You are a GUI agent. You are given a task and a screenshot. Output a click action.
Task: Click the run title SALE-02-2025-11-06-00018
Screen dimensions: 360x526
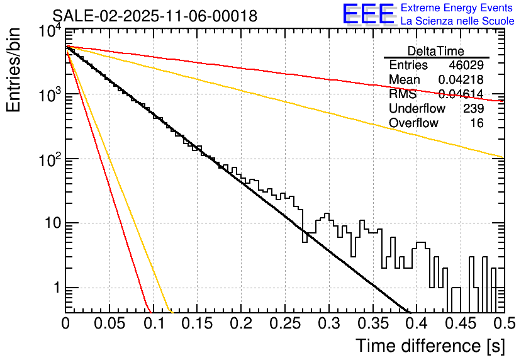(155, 16)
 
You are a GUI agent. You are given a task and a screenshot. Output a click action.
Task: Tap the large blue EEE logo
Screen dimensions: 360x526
(368, 14)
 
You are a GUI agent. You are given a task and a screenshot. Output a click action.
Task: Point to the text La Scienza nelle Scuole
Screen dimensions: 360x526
(457, 21)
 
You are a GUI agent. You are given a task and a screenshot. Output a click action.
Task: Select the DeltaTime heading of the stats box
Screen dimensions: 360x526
(436, 51)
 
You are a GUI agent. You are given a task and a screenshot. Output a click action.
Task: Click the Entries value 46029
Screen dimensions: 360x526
(466, 65)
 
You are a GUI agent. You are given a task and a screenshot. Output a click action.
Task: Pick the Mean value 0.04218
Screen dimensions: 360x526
(461, 80)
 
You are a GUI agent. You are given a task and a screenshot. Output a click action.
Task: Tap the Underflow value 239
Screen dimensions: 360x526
(473, 109)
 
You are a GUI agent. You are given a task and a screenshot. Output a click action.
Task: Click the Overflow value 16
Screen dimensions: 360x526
(477, 123)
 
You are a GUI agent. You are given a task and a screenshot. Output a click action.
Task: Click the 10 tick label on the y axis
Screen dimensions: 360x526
(49, 223)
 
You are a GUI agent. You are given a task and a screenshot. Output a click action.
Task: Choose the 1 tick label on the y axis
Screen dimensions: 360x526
(55, 288)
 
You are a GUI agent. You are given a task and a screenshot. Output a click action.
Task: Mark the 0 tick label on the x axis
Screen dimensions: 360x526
(66, 324)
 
